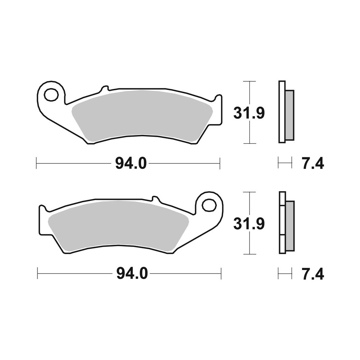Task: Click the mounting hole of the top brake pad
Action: [51, 95]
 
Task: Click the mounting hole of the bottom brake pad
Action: [208, 205]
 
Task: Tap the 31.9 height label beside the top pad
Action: [249, 113]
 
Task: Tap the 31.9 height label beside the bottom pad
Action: [249, 224]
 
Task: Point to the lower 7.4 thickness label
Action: [312, 274]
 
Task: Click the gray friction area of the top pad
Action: [144, 113]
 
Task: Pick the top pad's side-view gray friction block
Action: [289, 115]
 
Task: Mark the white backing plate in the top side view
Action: [282, 112]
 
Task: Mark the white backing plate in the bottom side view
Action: [282, 223]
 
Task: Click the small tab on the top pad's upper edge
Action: [105, 88]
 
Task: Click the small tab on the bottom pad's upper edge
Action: [155, 199]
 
